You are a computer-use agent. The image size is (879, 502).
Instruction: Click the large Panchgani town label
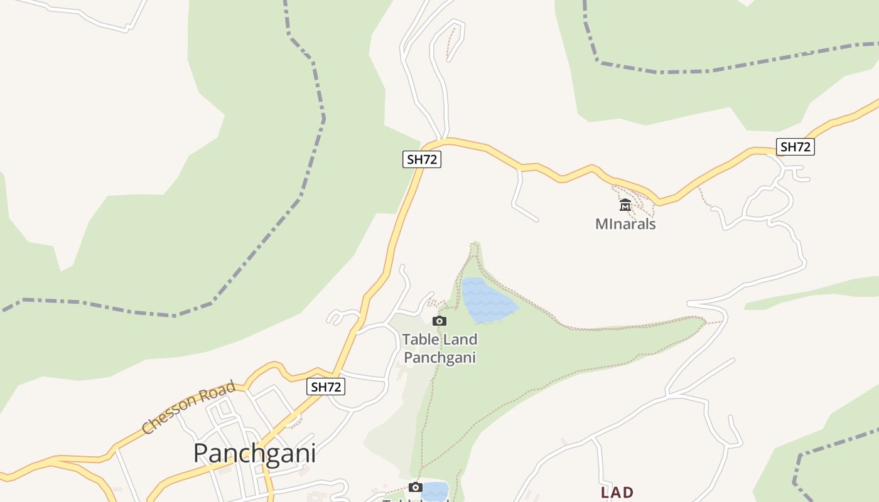[254, 453]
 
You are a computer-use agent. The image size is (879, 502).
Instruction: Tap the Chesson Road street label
[188, 407]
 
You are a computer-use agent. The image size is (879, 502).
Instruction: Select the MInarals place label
[625, 224]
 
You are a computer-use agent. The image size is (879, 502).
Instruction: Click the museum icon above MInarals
[625, 205]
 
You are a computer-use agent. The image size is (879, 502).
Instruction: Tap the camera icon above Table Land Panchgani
[439, 321]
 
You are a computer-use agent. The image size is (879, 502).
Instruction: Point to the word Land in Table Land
[458, 339]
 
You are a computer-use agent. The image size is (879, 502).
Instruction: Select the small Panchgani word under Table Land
[439, 358]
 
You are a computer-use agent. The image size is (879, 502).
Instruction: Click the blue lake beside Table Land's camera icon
[487, 300]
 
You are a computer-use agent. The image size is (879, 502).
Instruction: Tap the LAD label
[617, 493]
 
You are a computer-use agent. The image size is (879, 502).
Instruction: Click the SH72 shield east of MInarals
[795, 147]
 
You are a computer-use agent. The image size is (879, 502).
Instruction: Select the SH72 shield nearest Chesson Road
[326, 387]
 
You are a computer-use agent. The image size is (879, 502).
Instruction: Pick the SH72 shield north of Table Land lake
[421, 159]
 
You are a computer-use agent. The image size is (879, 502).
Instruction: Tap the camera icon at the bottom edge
[415, 488]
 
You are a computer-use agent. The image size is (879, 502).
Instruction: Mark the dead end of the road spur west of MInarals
[537, 220]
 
